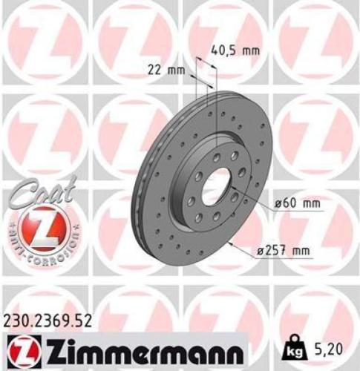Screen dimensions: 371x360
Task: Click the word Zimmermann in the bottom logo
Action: pos(141,347)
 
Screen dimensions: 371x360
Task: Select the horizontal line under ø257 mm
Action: pos(282,258)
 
